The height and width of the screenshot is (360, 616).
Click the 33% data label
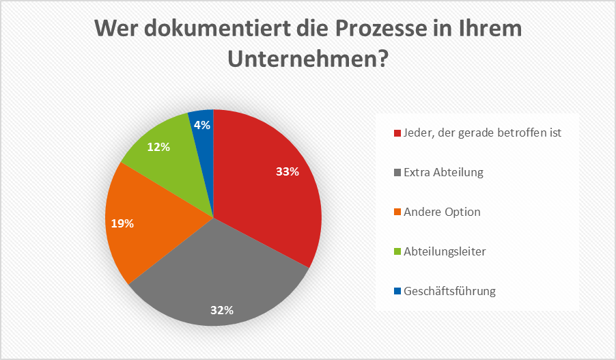pyautogui.click(x=288, y=172)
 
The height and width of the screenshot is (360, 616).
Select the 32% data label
pyautogui.click(x=222, y=310)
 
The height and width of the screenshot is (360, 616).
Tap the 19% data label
pyautogui.click(x=123, y=223)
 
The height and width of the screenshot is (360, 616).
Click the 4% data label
pyautogui.click(x=202, y=125)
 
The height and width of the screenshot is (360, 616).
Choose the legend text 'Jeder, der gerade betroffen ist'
pyautogui.click(x=482, y=133)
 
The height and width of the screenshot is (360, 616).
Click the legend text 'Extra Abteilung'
pyautogui.click(x=443, y=172)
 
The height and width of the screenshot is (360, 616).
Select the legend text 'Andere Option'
pyautogui.click(x=442, y=212)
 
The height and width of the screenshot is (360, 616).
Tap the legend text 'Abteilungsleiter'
pyautogui.click(x=445, y=251)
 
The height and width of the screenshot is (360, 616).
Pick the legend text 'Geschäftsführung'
pyautogui.click(x=449, y=291)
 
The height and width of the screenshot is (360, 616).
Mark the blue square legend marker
pyautogui.click(x=397, y=292)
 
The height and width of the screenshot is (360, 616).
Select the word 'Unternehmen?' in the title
pyautogui.click(x=308, y=60)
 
